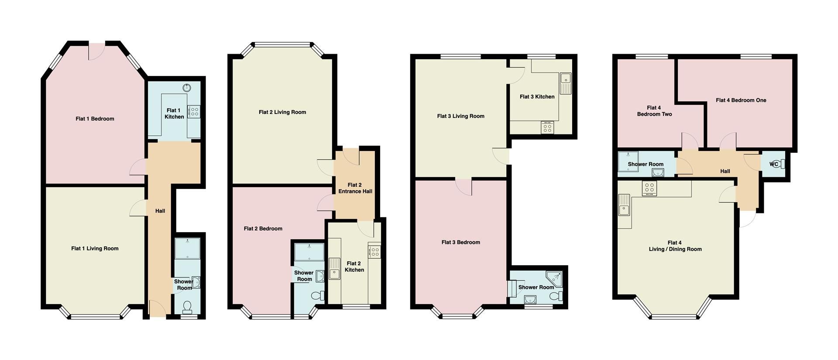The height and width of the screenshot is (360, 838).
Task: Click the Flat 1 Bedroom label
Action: (95, 119)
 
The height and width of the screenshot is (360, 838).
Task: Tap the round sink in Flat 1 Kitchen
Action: (187, 88)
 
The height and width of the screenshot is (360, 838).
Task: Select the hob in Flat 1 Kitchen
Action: (194, 112)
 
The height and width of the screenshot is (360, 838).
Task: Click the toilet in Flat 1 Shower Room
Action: (188, 307)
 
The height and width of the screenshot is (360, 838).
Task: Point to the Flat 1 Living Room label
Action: (95, 248)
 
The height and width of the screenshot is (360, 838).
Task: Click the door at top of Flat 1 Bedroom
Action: (97, 51)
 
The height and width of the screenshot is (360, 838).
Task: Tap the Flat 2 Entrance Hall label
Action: (355, 188)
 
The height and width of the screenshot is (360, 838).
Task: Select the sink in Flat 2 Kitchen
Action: (334, 268)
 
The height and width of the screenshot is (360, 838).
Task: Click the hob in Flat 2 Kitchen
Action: (374, 251)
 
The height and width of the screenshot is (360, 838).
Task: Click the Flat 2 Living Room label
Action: (282, 112)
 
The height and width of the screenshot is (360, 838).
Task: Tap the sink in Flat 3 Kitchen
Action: (566, 83)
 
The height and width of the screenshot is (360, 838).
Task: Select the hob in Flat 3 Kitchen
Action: (547, 127)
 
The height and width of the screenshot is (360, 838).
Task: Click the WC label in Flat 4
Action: (774, 164)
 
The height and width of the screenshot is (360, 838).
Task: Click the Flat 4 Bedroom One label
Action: (741, 100)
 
